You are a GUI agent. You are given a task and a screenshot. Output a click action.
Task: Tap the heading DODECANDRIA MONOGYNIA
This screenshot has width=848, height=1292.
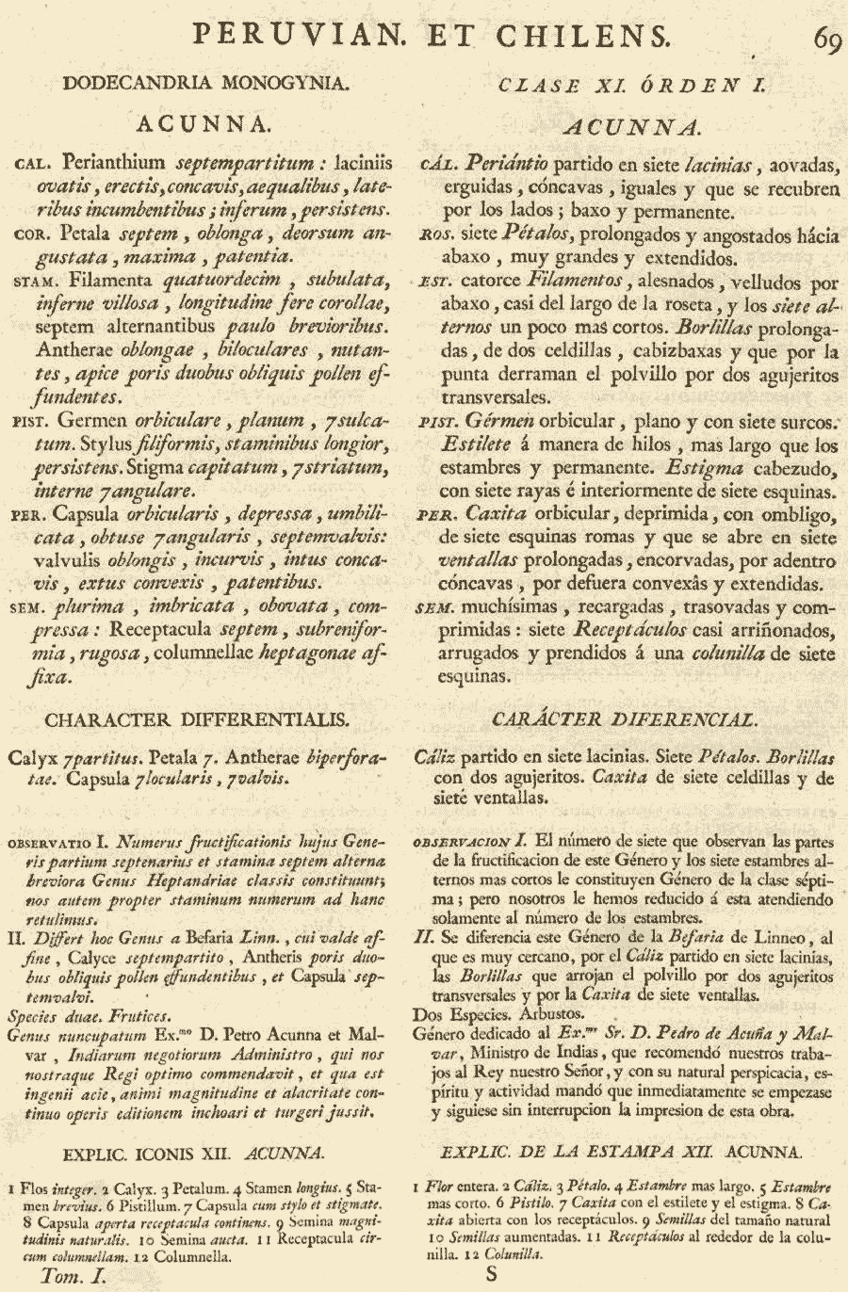click(205, 83)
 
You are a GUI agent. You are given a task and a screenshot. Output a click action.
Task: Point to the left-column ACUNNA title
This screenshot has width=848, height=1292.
click(204, 123)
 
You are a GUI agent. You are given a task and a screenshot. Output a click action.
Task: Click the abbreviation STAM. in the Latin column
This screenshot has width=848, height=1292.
click(38, 282)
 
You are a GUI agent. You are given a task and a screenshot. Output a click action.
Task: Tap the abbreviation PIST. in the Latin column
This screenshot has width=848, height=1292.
click(36, 423)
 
